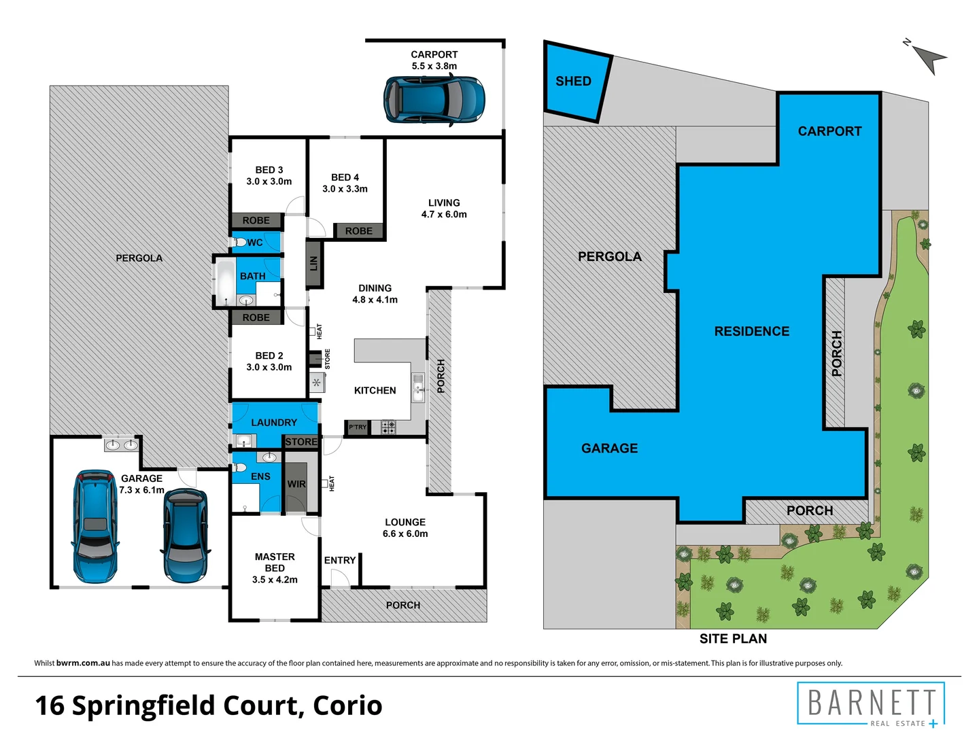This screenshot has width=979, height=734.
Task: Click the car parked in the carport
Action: click(434, 100)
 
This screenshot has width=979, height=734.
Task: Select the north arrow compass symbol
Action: click(927, 57)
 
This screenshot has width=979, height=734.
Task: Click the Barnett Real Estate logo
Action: click(871, 704)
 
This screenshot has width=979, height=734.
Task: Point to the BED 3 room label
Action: click(269, 170)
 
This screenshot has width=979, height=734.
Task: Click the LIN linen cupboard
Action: click(313, 263)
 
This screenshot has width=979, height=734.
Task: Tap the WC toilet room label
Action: click(255, 243)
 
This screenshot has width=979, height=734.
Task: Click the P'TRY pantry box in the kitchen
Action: click(357, 427)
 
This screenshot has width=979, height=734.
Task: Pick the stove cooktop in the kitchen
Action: click(388, 427)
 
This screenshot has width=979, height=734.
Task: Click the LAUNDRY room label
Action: click(274, 423)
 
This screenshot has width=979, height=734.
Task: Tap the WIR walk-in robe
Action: click(296, 485)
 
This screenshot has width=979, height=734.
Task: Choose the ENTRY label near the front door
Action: click(340, 561)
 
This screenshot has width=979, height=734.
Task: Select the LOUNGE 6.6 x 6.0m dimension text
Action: click(405, 534)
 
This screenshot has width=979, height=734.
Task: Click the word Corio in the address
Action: click(347, 705)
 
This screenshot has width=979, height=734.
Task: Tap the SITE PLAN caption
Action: click(733, 639)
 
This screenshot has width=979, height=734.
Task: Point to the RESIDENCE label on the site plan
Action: click(752, 332)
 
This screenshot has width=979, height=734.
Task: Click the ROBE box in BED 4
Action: click(359, 231)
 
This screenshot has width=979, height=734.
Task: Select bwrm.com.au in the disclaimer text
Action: click(83, 663)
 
